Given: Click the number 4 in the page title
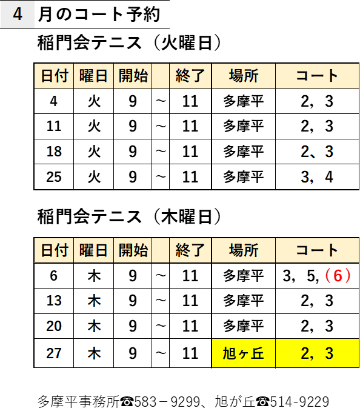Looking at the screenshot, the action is tap(18, 15).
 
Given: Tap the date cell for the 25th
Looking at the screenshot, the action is tap(54, 177).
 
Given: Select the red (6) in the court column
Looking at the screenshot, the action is tap(338, 276).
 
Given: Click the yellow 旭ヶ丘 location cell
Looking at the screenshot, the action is tap(244, 353).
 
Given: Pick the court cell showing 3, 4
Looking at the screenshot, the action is tap(317, 177).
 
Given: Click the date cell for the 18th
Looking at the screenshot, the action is tap(54, 152).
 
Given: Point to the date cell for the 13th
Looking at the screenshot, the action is tap(54, 301).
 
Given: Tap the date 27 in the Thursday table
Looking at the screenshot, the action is tap(54, 353).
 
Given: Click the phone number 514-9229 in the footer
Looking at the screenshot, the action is tap(299, 402).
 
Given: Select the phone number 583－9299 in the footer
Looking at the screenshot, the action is tap(167, 402).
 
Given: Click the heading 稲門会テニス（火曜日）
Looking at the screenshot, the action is tap(129, 43).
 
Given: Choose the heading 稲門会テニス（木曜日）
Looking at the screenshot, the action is tap(129, 217).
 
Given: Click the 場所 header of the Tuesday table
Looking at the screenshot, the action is tap(244, 76).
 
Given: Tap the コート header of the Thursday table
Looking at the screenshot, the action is tap(317, 250).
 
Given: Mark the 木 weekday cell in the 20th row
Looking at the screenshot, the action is tap(94, 326).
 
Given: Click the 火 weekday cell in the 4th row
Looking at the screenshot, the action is tap(94, 101).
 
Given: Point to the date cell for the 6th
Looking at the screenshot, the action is tap(54, 276).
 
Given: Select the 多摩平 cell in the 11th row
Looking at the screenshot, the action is tap(244, 126).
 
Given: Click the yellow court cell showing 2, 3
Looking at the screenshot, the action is tap(317, 353).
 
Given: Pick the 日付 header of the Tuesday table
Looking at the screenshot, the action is tap(54, 76).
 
